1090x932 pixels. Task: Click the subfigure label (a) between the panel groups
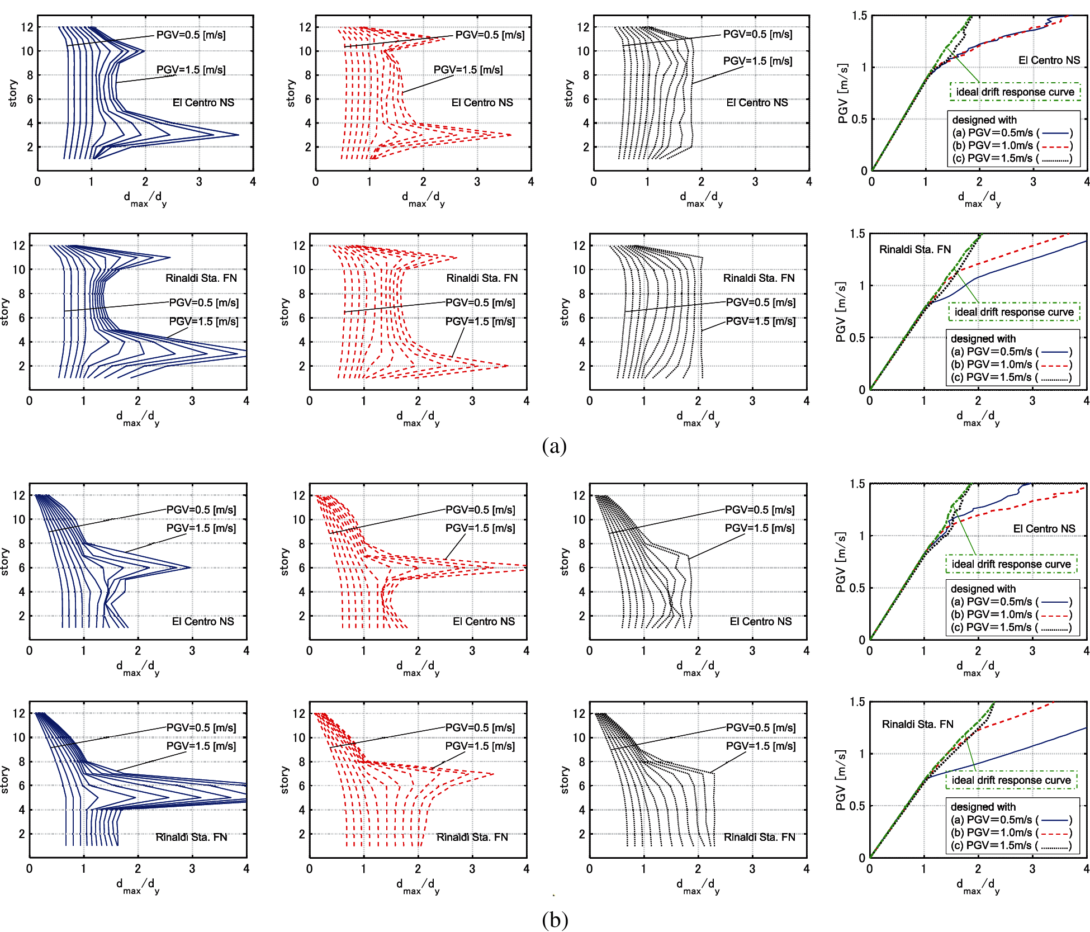[554, 446]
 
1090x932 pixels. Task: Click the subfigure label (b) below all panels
[555, 919]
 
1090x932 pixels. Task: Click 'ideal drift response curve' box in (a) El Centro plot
[1015, 92]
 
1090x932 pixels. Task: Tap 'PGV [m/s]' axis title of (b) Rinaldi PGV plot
[841, 779]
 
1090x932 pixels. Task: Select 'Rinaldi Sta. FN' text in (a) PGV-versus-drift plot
[914, 249]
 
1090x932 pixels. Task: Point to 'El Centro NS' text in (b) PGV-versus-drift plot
[1044, 528]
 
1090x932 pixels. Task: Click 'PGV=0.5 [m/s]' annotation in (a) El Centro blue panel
[191, 35]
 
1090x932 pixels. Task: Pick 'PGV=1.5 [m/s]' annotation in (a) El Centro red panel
[468, 70]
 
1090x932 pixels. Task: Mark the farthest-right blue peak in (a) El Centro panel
[238, 135]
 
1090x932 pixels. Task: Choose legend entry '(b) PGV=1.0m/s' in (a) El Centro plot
[1012, 145]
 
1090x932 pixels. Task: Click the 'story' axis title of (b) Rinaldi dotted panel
[564, 779]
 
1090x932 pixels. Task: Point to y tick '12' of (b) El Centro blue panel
[19, 495]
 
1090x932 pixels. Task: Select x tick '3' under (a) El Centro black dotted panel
[755, 182]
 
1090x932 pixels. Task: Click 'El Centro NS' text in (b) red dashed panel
[484, 621]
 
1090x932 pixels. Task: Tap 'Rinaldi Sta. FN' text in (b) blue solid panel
[191, 837]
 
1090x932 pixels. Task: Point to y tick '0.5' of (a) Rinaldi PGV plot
[856, 338]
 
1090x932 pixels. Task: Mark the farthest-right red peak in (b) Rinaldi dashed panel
[494, 774]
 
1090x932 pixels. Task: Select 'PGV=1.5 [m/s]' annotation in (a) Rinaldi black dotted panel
[760, 321]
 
